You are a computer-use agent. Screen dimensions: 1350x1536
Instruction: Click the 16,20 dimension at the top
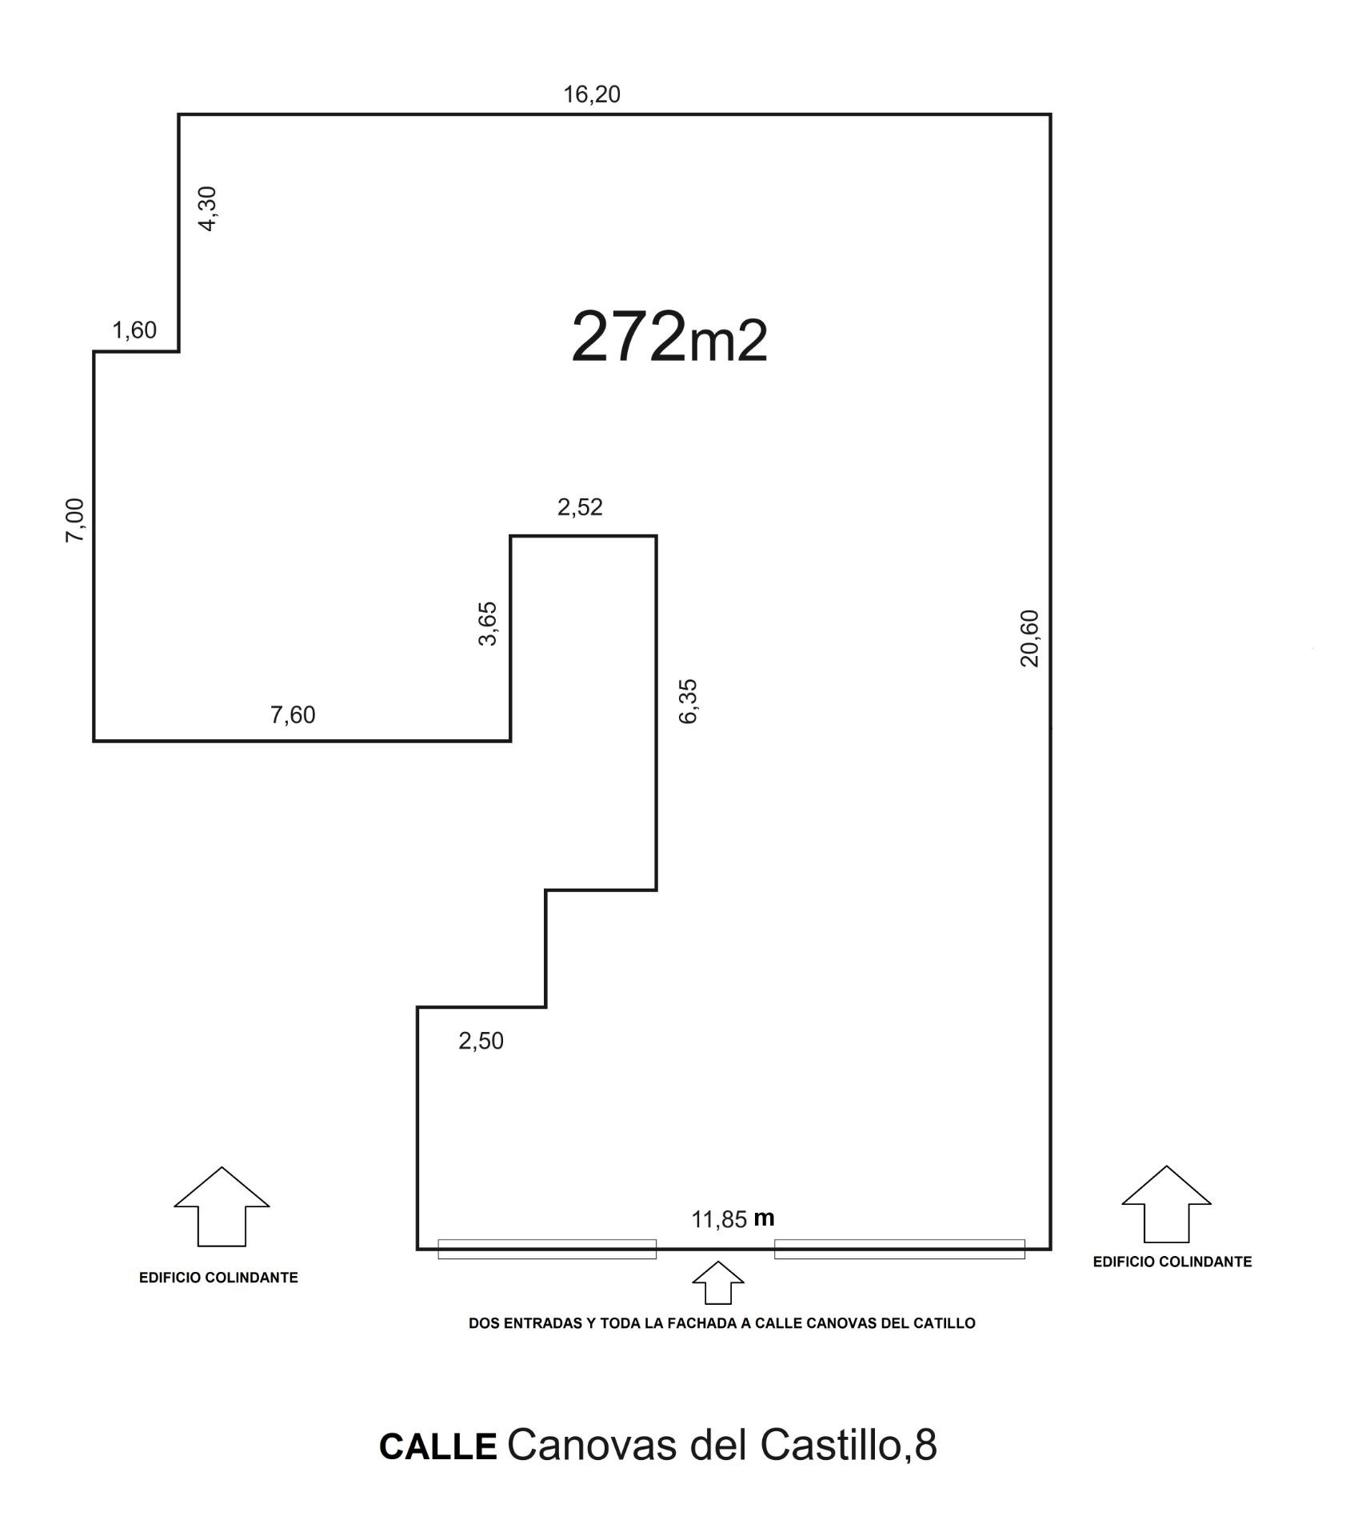click(x=592, y=94)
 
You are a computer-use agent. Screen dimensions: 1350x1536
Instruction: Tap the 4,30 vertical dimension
click(x=207, y=209)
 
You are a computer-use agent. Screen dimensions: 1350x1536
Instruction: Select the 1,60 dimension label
click(x=134, y=330)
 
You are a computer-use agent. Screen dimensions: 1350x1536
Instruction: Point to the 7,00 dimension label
click(x=74, y=520)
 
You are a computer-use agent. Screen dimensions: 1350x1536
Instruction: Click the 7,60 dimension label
click(x=293, y=714)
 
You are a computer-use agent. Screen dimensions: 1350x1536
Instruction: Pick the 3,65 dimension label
click(x=487, y=624)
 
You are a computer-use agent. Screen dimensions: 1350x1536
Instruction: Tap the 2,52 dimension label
click(x=580, y=506)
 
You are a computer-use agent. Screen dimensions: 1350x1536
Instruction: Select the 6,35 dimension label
click(x=688, y=701)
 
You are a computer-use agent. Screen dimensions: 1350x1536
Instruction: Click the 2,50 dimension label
click(x=481, y=1041)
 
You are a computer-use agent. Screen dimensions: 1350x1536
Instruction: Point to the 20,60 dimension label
click(x=1029, y=638)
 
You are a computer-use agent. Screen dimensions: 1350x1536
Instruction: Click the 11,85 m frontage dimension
click(x=733, y=1218)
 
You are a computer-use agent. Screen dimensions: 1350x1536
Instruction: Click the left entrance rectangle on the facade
click(x=547, y=1249)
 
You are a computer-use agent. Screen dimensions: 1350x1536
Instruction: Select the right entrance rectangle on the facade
click(x=900, y=1249)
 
